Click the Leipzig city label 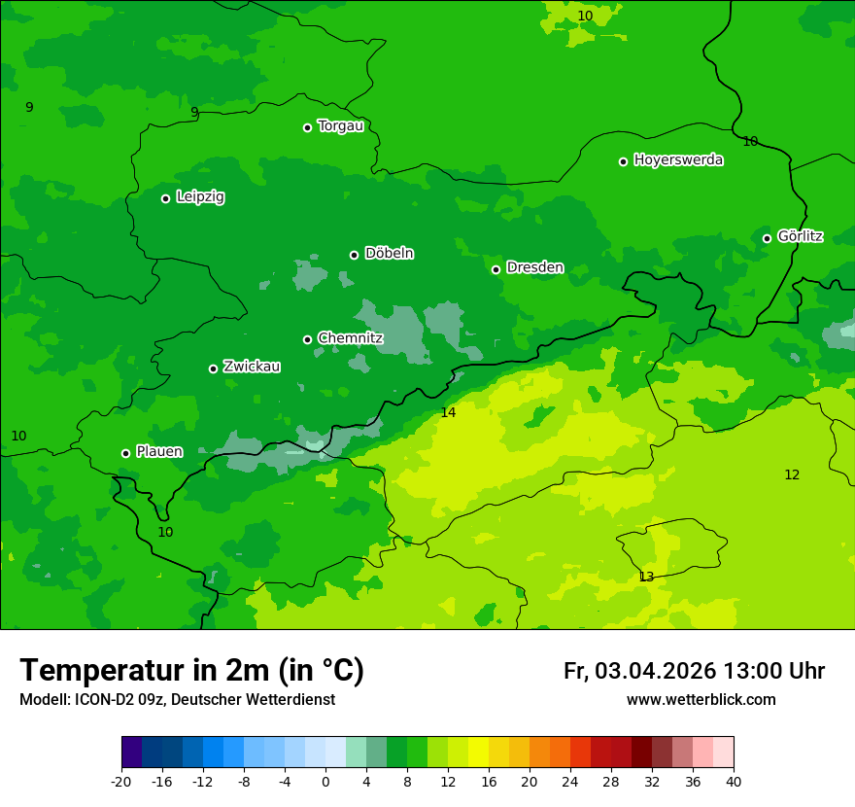pos(200,197)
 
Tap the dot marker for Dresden pos(496,269)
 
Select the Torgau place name pos(340,126)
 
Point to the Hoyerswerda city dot pos(623,161)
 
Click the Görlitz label pos(800,236)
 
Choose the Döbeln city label pos(389,254)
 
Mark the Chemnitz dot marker pos(307,339)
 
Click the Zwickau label pos(252,367)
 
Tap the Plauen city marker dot pos(125,453)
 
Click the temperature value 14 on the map pos(448,412)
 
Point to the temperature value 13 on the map pos(646,577)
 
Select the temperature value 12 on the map pos(792,474)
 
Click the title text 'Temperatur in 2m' pos(146,670)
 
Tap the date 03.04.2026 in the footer pos(655,671)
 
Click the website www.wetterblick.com pos(701,700)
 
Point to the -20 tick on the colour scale pos(121,781)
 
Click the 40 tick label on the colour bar pos(734,781)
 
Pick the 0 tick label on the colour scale pos(325,781)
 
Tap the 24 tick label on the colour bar pos(570,781)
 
